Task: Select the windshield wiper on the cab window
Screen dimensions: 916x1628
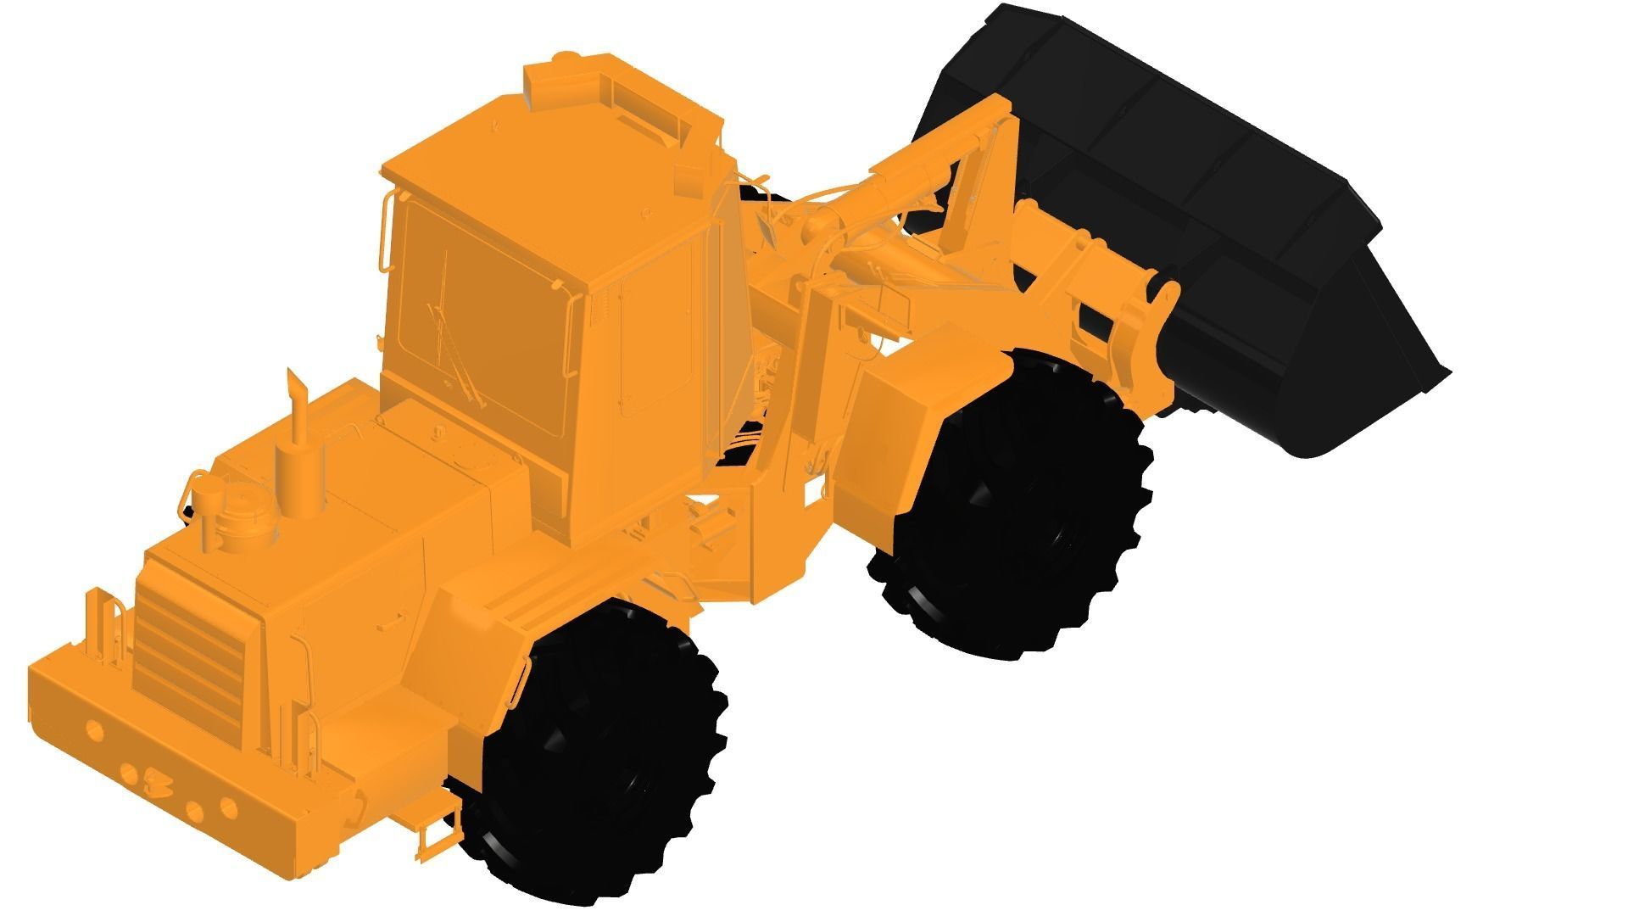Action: pos(449,339)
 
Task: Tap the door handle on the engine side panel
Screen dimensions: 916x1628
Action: pos(392,623)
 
